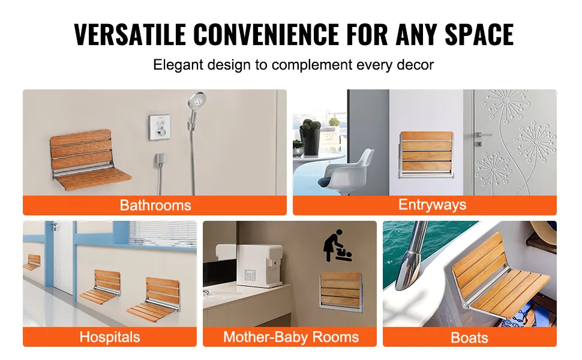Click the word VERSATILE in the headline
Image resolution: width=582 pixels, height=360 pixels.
130,35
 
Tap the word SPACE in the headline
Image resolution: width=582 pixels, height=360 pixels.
479,35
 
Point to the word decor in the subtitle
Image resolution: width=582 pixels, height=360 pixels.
415,65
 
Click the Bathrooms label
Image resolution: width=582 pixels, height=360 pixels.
155,205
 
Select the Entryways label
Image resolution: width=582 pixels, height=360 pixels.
432,205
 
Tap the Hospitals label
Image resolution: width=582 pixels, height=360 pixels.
109,337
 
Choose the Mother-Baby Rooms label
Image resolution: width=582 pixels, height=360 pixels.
290,337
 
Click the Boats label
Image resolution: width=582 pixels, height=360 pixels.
469,338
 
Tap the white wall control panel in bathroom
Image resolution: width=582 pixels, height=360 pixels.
160,127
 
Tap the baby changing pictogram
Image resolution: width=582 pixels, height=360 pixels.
337,245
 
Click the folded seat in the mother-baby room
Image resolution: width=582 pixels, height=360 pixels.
341,292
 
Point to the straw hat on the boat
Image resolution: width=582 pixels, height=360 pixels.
544,231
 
